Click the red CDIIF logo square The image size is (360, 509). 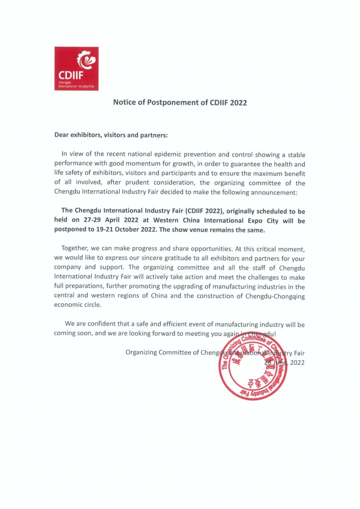76,68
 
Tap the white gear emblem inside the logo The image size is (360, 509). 86,60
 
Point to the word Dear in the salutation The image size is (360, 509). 62,135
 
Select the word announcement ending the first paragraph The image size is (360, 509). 273,192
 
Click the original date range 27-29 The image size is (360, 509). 92,220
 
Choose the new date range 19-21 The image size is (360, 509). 104,229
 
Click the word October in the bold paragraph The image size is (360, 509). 125,229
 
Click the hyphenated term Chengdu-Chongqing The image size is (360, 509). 275,296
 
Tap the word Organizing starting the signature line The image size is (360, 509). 141,352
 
